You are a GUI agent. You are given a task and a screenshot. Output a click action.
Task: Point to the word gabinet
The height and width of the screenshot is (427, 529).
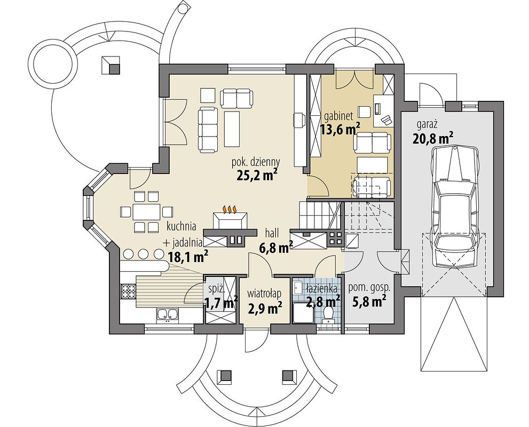[339, 116]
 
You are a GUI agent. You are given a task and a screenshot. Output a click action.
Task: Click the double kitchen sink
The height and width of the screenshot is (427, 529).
[167, 314]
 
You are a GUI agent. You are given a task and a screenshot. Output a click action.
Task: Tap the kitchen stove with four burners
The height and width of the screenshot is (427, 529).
[128, 291]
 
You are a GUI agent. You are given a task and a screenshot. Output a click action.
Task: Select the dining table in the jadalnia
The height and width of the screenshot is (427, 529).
[146, 212]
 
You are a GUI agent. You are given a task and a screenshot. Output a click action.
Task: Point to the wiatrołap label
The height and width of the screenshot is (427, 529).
[264, 294]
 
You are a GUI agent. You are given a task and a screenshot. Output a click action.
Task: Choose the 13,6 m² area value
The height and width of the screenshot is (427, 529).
[340, 129]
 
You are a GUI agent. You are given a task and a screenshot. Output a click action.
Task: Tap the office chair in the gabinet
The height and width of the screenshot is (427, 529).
[386, 119]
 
